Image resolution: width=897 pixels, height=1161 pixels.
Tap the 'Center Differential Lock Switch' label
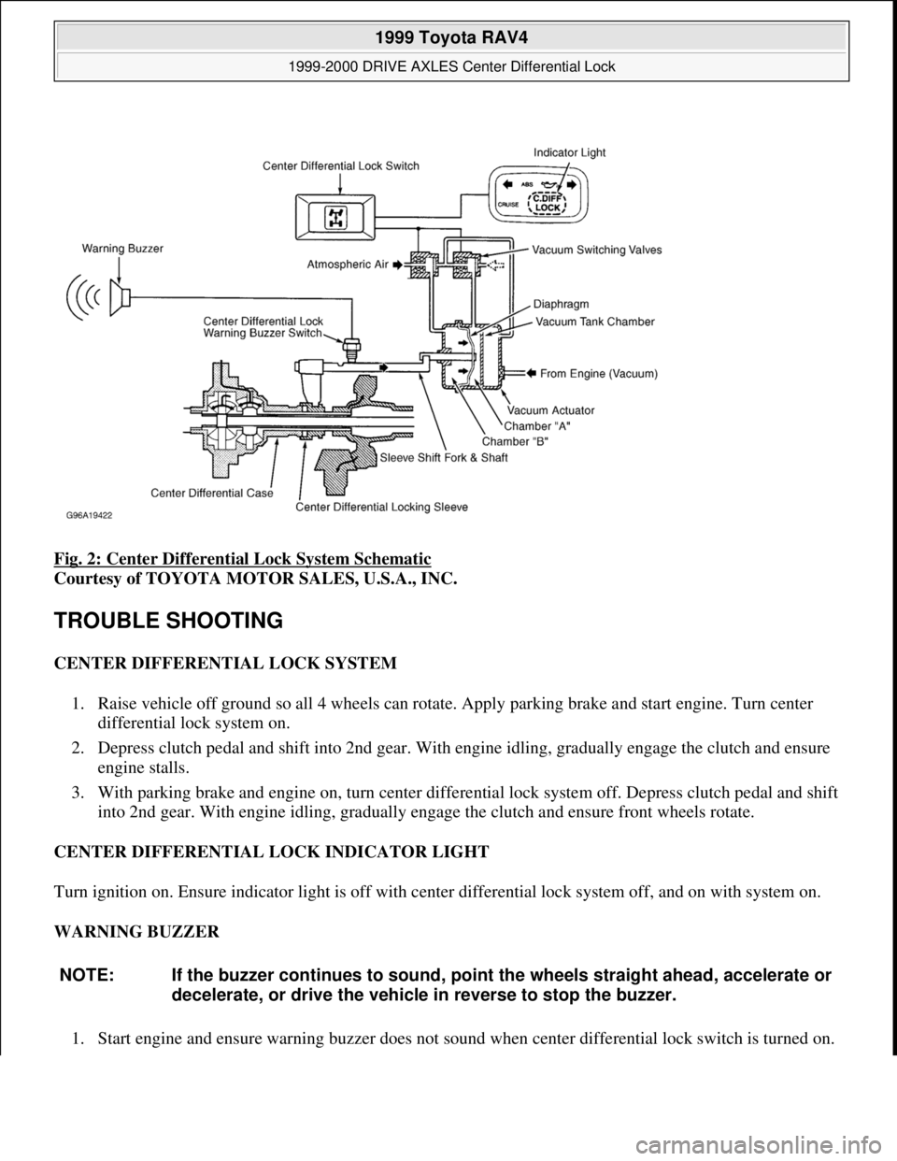341,165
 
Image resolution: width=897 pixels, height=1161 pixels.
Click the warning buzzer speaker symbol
120,297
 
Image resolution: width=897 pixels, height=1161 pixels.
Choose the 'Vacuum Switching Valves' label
596,251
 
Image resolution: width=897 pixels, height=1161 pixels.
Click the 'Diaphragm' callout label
562,303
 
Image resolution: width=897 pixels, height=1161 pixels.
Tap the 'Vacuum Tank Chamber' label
594,321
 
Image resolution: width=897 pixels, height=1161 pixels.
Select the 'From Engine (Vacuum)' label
600,373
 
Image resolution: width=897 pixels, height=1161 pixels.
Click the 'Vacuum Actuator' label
550,410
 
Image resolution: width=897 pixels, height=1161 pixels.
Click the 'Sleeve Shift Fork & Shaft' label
444,458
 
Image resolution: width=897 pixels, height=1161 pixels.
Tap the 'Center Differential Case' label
212,491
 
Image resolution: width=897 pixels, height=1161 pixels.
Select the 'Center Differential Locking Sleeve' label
382,507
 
